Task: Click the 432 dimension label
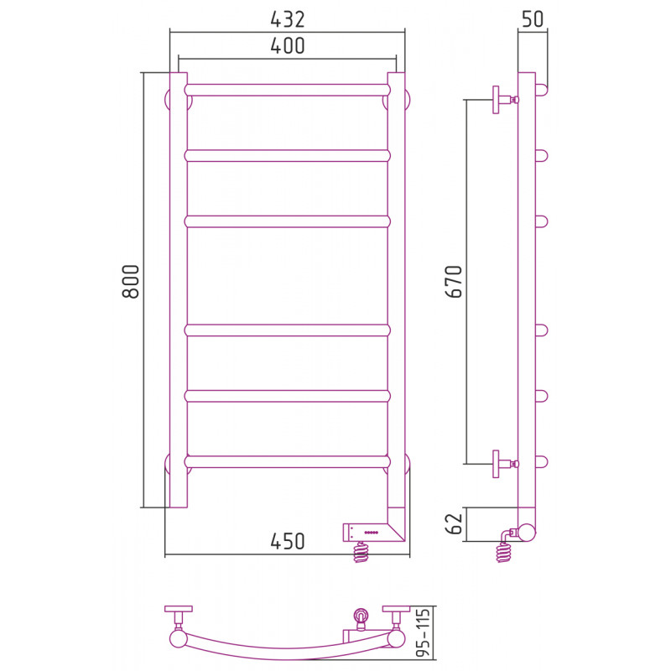[x=288, y=19]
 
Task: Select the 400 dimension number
[x=288, y=46]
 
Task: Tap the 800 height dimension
[x=131, y=281]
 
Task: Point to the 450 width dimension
[x=288, y=541]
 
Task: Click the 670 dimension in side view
[x=454, y=281]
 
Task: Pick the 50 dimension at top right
[x=533, y=19]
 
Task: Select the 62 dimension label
[x=454, y=523]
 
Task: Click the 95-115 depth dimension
[x=423, y=632]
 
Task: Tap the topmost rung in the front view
[x=288, y=90]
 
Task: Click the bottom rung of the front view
[x=288, y=462]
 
